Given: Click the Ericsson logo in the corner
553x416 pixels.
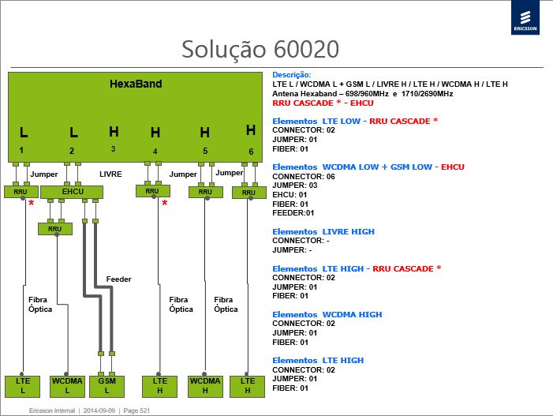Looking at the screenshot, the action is [x=525, y=17].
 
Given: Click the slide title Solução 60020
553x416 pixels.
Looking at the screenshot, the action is [x=260, y=49].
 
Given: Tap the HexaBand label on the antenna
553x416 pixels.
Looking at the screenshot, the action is [x=136, y=84].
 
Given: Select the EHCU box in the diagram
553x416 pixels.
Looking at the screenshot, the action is [x=72, y=192].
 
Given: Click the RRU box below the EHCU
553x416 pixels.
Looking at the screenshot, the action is [x=55, y=229].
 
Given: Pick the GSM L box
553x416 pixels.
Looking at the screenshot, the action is [x=106, y=386].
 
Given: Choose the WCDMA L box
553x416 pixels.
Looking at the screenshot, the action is [x=67, y=386].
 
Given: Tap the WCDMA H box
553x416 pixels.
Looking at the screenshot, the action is [x=205, y=386].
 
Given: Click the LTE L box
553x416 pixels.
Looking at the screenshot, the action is [x=23, y=386].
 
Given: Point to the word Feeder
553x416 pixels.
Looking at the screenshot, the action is [x=118, y=279].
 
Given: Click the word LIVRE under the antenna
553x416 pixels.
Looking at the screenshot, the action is [x=110, y=174].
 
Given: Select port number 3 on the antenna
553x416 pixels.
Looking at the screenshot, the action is [x=113, y=149].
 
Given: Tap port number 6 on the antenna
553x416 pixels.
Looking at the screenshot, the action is [x=251, y=152].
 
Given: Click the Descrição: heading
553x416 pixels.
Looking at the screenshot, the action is [x=292, y=75].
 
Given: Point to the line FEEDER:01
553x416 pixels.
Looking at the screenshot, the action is [x=293, y=213].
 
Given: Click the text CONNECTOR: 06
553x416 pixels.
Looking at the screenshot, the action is [x=304, y=176].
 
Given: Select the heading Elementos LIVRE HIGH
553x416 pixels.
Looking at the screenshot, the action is [x=323, y=232].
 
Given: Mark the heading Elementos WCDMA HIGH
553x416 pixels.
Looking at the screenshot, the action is [x=327, y=314].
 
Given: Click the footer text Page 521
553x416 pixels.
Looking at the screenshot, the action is [x=136, y=410].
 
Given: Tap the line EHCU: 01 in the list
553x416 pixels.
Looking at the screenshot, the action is [x=290, y=195].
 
